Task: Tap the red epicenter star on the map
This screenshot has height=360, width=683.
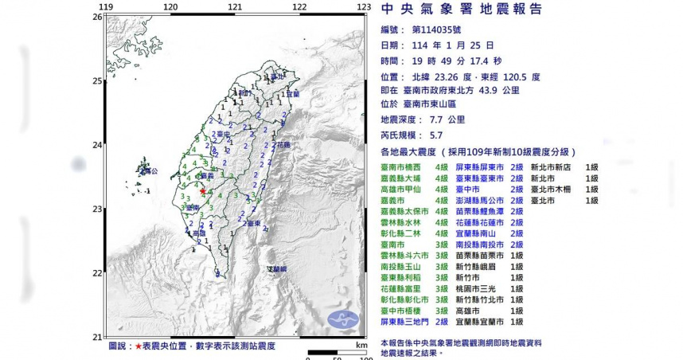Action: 204,192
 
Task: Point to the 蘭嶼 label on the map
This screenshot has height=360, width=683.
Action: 278,270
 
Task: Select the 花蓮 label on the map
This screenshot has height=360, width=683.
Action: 283,146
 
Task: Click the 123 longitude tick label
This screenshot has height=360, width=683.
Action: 363,7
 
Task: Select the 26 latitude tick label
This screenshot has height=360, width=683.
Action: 96,17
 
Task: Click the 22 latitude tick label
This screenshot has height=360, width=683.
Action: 96,272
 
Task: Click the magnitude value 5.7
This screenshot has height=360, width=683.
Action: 440,136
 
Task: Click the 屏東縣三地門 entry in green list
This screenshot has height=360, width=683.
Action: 408,321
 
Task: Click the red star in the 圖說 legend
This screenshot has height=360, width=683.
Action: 139,346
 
